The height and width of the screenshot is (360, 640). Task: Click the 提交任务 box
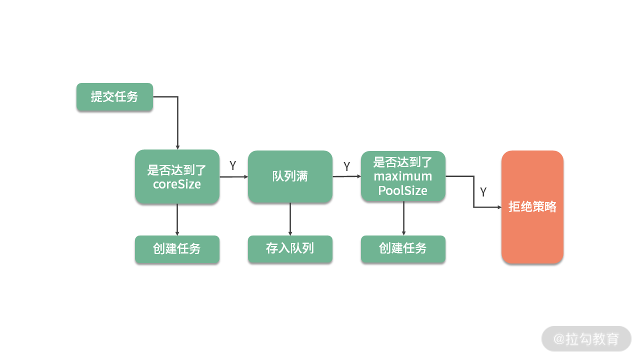[x=114, y=97]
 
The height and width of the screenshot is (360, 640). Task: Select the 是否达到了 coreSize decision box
[x=177, y=176]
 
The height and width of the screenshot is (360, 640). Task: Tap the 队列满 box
[x=290, y=176]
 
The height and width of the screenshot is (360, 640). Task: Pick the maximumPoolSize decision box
[x=403, y=176]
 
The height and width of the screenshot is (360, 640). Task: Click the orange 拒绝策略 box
[x=532, y=207]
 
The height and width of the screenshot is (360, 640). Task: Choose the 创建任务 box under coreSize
[x=177, y=249]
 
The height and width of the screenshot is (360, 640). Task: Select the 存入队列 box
[x=290, y=249]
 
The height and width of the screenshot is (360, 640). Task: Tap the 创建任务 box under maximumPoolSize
[x=403, y=249]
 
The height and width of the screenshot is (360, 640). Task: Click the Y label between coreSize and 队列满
[x=233, y=165]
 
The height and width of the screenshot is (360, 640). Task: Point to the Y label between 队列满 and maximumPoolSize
[x=346, y=166]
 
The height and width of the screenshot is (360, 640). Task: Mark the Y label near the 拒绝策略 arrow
[x=483, y=192]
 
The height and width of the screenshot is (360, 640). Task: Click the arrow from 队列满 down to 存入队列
[x=290, y=219]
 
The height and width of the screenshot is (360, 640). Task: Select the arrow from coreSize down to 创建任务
[x=177, y=219]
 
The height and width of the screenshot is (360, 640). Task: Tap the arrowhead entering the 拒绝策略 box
[x=498, y=207]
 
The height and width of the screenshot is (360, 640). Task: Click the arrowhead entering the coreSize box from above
[x=177, y=146]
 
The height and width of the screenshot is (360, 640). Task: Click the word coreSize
[x=177, y=184]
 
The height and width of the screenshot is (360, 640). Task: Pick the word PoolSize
[x=403, y=190]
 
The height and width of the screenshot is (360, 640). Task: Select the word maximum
[x=403, y=176]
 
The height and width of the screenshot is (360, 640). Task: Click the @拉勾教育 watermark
[x=586, y=339]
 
